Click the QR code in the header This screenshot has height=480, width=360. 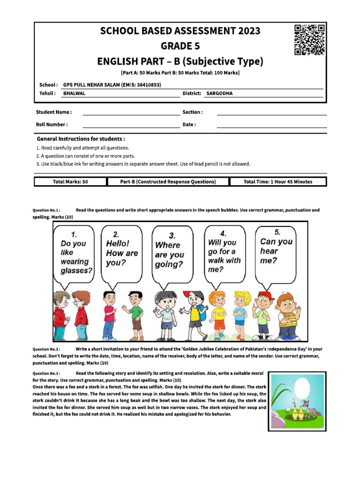[x=310, y=40]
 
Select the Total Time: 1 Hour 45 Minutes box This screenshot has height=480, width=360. [x=277, y=182]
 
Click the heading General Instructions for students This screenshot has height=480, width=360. [x=81, y=139]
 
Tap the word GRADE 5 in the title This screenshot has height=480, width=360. [x=180, y=46]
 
